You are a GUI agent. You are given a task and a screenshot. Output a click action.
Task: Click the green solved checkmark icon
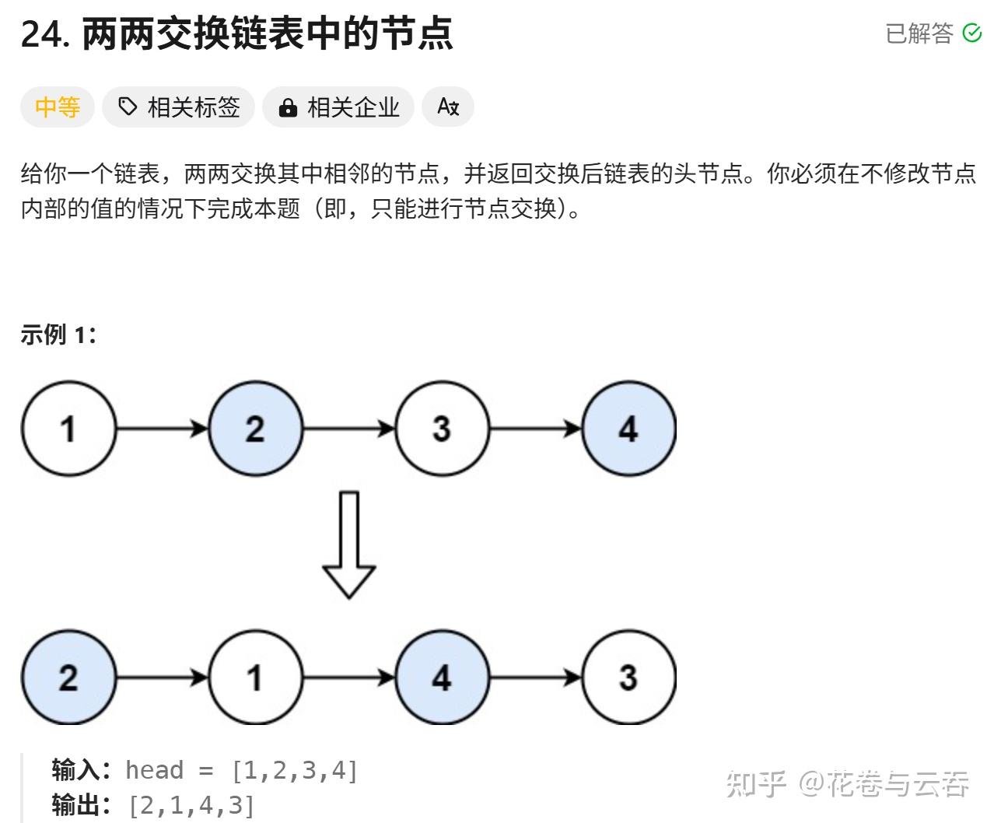[971, 33]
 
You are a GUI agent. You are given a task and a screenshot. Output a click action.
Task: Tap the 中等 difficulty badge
[57, 107]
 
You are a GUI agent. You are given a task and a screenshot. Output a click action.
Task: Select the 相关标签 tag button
[179, 107]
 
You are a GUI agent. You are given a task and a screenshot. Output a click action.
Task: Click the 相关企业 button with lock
[338, 107]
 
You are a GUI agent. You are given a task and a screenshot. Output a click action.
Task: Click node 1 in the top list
[68, 428]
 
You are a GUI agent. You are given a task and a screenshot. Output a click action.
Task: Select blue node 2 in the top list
[256, 428]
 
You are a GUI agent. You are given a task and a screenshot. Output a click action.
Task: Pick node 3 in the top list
[443, 428]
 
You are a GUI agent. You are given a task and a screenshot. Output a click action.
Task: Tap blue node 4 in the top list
[629, 428]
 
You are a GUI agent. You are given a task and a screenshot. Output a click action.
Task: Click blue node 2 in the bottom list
[68, 678]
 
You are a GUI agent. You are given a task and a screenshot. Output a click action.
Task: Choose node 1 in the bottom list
[256, 678]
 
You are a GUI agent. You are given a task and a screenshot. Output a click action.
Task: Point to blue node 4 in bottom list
[443, 678]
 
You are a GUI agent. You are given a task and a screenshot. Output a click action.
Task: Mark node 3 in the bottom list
[629, 678]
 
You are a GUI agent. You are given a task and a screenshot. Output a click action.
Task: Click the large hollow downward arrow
[349, 545]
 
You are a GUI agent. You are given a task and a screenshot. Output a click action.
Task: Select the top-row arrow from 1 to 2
[163, 428]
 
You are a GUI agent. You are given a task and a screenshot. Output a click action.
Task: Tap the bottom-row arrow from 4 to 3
[536, 678]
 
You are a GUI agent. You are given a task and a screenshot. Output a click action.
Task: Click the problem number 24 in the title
[42, 34]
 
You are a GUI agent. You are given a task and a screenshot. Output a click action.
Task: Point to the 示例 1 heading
[58, 334]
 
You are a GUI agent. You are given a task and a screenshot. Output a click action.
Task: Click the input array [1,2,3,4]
[294, 770]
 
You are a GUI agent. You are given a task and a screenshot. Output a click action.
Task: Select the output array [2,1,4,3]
[191, 805]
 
